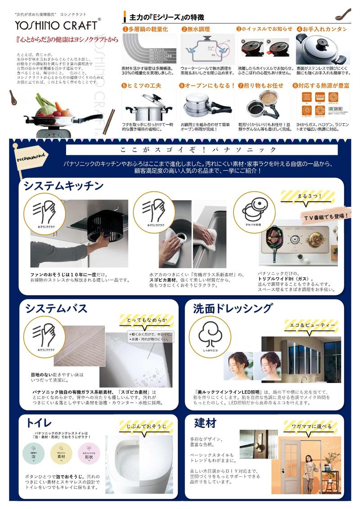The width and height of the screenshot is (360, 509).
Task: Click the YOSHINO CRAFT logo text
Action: (x=57, y=25)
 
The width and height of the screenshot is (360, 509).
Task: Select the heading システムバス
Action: (x=56, y=308)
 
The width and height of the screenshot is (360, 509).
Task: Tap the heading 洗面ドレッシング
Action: (x=233, y=308)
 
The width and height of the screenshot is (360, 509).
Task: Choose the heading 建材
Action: (x=205, y=423)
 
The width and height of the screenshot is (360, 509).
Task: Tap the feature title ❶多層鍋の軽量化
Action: (x=145, y=29)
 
